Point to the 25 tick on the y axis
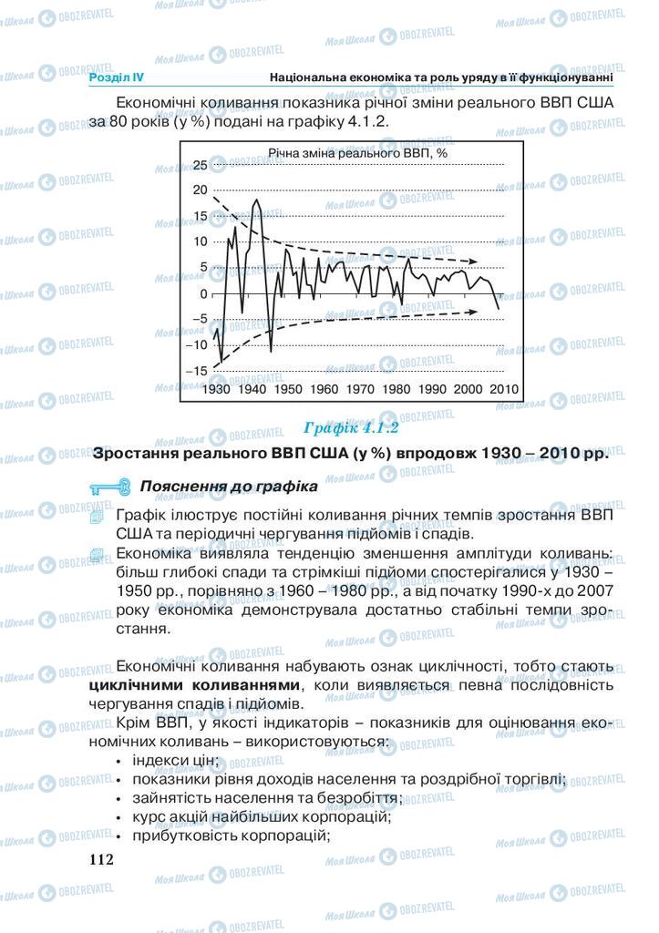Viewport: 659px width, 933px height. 200,165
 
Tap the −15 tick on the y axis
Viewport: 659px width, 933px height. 196,371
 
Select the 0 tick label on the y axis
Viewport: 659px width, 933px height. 204,293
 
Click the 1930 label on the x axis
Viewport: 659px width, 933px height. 218,389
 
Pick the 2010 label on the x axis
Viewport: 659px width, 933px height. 503,389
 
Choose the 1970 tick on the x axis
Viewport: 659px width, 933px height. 361,389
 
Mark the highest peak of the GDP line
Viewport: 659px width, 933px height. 257,200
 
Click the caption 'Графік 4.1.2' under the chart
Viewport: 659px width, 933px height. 352,426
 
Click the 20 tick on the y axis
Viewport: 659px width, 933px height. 200,190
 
